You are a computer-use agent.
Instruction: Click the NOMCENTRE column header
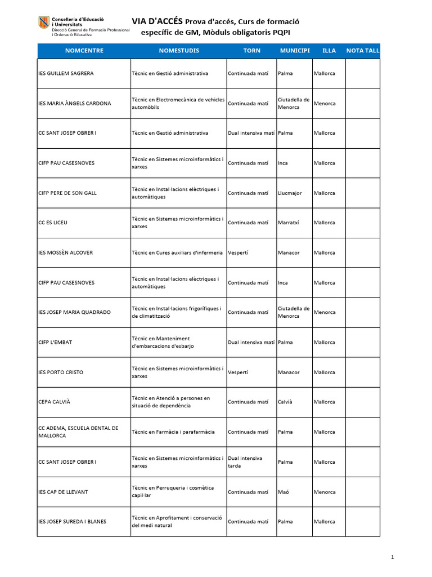(x=84, y=51)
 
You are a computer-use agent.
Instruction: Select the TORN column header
(x=251, y=51)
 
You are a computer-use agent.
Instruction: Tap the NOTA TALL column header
(x=363, y=51)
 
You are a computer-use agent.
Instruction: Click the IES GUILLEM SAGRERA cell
(x=66, y=73)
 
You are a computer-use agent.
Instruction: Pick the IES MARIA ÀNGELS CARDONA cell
(x=74, y=103)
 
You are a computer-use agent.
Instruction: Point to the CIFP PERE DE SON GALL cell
(x=67, y=193)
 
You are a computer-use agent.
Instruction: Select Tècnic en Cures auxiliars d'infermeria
(x=177, y=252)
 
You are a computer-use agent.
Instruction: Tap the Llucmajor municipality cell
(x=290, y=193)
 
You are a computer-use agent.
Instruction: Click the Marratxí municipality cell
(x=288, y=223)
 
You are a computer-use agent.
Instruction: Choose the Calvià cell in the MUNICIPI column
(x=285, y=402)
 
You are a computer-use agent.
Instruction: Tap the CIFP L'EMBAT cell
(x=55, y=342)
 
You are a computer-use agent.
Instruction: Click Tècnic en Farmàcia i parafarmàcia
(x=173, y=432)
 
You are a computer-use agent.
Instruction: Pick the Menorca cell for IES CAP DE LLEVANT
(x=325, y=492)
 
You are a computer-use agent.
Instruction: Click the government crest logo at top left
(x=43, y=23)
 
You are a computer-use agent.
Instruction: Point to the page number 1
(x=392, y=557)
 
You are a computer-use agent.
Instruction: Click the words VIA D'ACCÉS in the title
(x=157, y=21)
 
